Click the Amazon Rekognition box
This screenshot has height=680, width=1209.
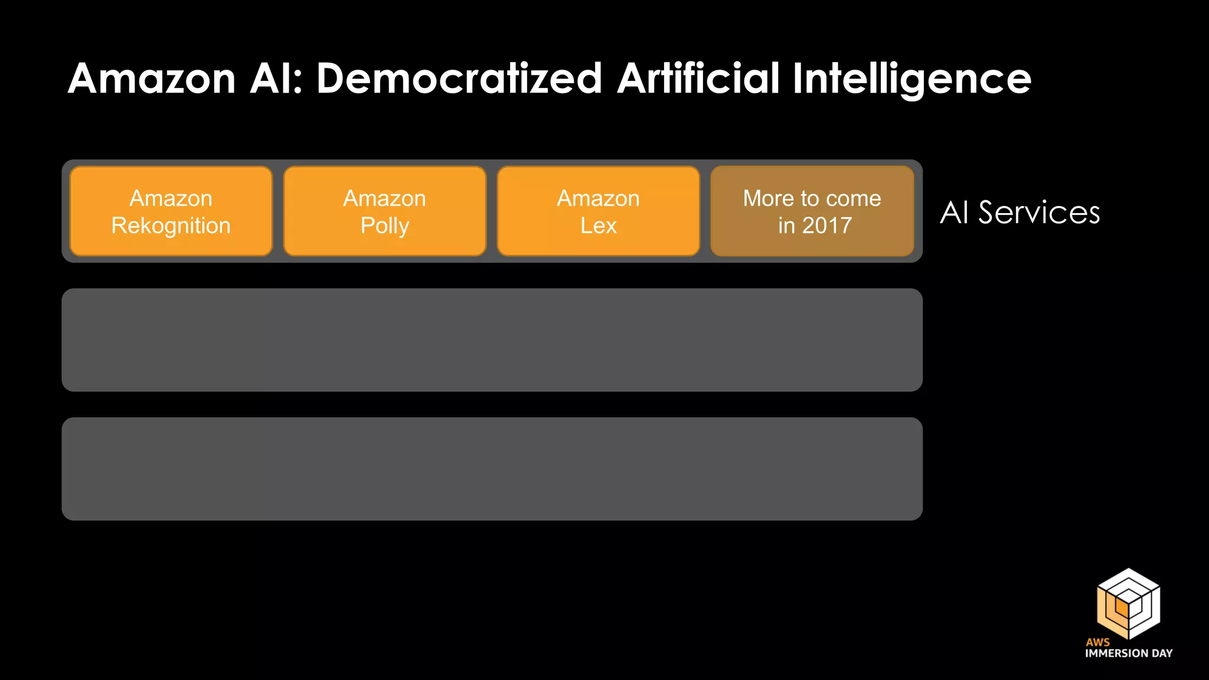coord(171,211)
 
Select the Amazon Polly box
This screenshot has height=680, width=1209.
coord(385,211)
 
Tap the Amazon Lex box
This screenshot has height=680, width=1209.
coord(599,211)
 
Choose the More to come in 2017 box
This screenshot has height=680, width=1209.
coord(812,211)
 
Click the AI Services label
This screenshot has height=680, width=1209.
coord(1020,212)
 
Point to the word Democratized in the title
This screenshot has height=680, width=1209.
coord(459,79)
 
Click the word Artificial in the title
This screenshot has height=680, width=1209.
coord(698,79)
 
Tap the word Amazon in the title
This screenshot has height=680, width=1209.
coord(152,79)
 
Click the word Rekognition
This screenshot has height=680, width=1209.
coord(171,226)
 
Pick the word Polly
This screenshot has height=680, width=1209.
coord(385,226)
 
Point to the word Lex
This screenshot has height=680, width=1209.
coord(599,225)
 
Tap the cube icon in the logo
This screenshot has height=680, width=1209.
coord(1128,603)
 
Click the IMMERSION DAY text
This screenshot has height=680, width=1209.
coord(1129,653)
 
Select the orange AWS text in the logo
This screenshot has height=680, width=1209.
coord(1097,642)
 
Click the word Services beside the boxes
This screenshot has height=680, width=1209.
coord(1039,212)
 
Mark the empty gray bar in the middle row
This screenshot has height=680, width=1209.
coord(492,340)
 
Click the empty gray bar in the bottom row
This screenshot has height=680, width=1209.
coord(492,469)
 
